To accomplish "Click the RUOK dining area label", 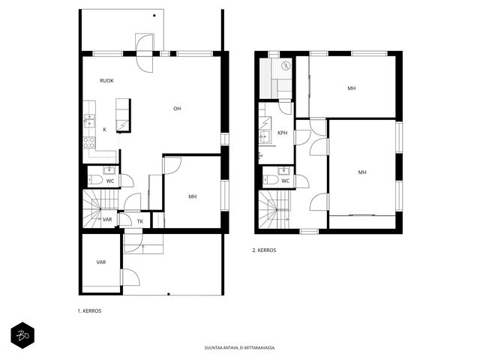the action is [x=106, y=81].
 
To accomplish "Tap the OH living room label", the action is [x=177, y=109].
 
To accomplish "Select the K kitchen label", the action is [x=105, y=130].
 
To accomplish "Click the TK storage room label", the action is [x=140, y=221].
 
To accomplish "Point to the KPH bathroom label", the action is [x=282, y=133].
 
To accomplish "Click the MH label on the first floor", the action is [x=193, y=196].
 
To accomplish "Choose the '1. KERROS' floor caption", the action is [x=89, y=310].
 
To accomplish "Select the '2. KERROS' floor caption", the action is [x=264, y=250].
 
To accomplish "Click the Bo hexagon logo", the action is [x=22, y=335].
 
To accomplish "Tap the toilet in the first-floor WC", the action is [x=95, y=180].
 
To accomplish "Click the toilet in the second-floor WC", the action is [x=271, y=180].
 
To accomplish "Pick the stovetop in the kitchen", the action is [x=89, y=142].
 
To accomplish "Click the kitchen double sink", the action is [x=89, y=121].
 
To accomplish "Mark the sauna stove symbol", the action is [x=286, y=65].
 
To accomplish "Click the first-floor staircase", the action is [x=100, y=208].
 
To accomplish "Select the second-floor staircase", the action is [x=274, y=209].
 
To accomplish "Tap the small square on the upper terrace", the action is [x=154, y=15].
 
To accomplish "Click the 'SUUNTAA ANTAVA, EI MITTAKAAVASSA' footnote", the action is [x=240, y=348].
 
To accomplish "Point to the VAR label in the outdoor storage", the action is [x=101, y=262].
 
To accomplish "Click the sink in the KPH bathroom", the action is [x=265, y=135].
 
